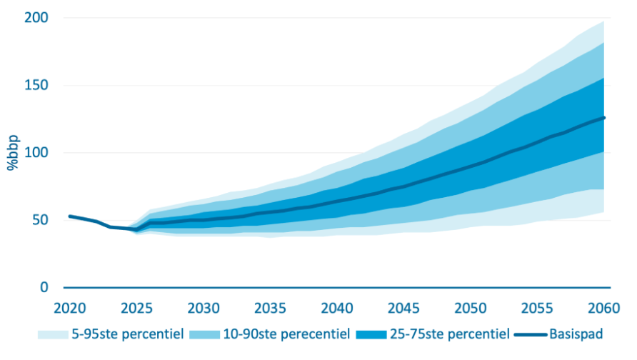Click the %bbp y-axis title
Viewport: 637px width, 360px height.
(x=14, y=153)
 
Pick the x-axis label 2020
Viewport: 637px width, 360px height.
(x=69, y=308)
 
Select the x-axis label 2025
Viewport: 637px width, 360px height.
(x=136, y=308)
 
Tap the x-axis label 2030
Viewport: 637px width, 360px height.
(x=204, y=308)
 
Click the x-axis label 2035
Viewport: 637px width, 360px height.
(x=270, y=308)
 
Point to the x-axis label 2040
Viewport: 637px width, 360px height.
(x=337, y=308)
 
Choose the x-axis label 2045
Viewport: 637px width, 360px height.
(x=404, y=308)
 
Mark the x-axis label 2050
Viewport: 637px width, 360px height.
(x=471, y=308)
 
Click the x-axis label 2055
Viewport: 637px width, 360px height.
(x=538, y=308)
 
